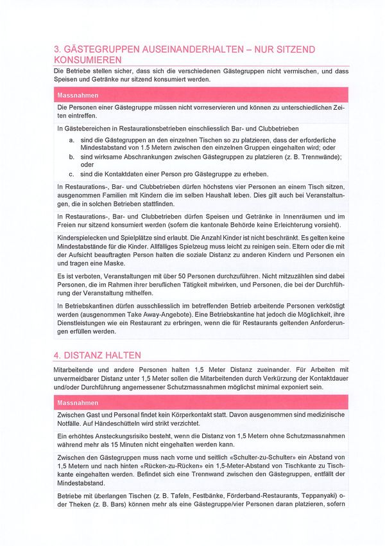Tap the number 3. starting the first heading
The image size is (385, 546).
tap(57, 49)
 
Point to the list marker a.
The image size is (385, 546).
tap(71, 139)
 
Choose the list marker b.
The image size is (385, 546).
tap(71, 156)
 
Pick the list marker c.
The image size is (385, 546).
tap(71, 173)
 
